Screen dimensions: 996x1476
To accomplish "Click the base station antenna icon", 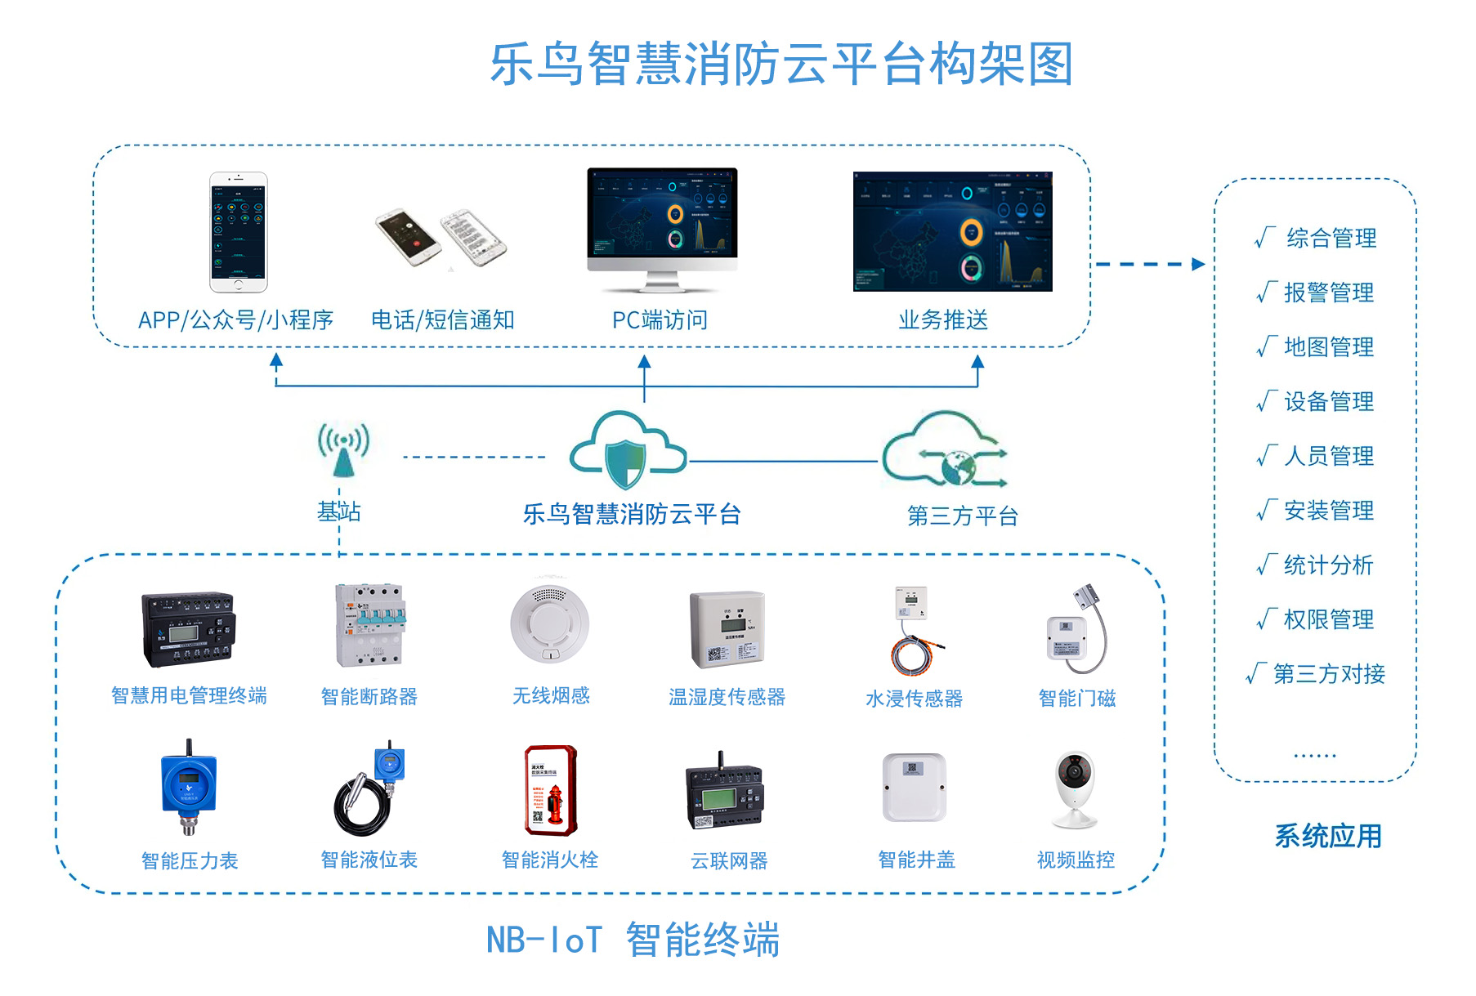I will pyautogui.click(x=343, y=449).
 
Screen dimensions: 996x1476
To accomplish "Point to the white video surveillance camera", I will pyautogui.click(x=1075, y=788).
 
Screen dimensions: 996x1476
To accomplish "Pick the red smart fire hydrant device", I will pyautogui.click(x=551, y=790).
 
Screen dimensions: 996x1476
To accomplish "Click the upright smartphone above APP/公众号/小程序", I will pyautogui.click(x=238, y=232).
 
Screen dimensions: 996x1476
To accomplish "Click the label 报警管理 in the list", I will pyautogui.click(x=1329, y=293).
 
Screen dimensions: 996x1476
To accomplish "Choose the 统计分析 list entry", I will pyautogui.click(x=1329, y=565).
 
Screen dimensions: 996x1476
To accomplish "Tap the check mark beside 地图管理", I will pyautogui.click(x=1266, y=346).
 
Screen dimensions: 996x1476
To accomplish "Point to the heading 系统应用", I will pyautogui.click(x=1328, y=836).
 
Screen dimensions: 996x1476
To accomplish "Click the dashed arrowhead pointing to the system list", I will pyautogui.click(x=1199, y=264).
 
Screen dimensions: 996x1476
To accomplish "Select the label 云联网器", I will pyautogui.click(x=729, y=860).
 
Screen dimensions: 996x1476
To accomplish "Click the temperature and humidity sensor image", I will pyautogui.click(x=727, y=629).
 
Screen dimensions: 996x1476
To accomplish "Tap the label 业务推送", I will pyautogui.click(x=943, y=320).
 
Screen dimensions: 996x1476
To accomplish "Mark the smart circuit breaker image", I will pyautogui.click(x=369, y=625).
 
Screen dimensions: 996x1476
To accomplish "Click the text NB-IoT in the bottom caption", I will pyautogui.click(x=544, y=940).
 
